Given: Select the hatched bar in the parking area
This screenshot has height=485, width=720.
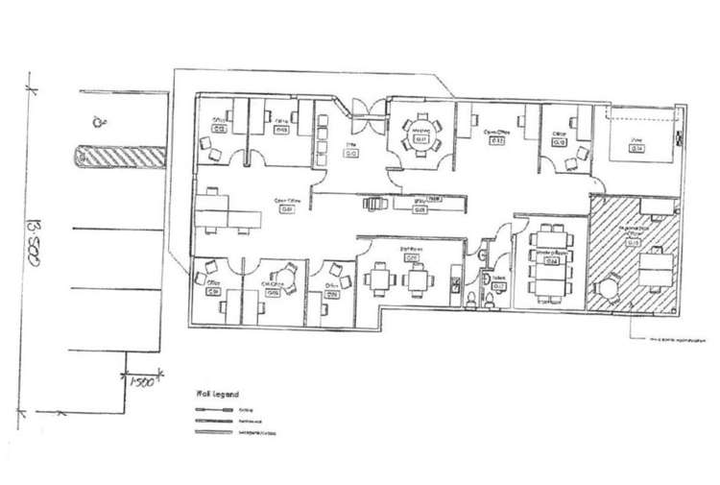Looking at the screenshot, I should click(x=120, y=155).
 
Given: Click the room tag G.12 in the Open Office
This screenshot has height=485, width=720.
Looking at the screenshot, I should click(x=497, y=141).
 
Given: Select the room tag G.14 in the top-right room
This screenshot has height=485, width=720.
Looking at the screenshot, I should click(x=636, y=149).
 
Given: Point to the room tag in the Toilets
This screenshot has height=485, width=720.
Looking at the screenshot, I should click(x=497, y=285).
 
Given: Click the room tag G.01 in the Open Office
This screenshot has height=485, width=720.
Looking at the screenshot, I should click(x=286, y=209).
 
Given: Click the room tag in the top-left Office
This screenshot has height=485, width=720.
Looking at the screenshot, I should click(x=220, y=127).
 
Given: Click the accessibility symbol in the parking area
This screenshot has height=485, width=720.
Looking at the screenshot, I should click(x=97, y=121).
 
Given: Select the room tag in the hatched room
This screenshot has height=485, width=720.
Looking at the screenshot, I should click(x=635, y=243).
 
